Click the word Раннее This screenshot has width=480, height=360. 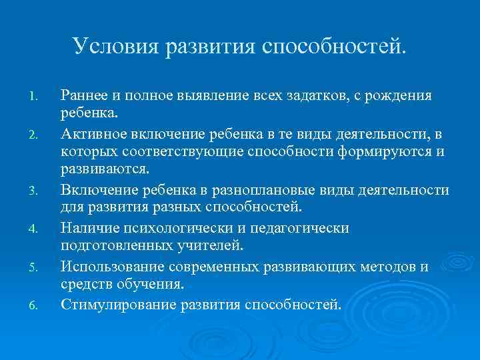pos(83,96)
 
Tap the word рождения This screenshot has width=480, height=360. pos(400,96)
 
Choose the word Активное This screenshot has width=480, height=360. pos(92,134)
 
